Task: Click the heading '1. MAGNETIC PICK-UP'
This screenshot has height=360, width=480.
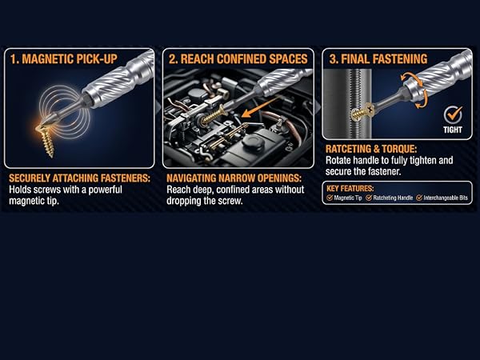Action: coord(64,59)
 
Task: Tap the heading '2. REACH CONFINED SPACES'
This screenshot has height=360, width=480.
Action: coord(238,59)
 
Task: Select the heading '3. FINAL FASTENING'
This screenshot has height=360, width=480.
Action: coord(378,58)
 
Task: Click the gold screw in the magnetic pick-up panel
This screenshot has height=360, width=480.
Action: coord(46,139)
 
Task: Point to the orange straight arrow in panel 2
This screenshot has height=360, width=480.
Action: coord(260,107)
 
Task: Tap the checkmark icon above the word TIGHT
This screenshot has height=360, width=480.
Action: coord(454,114)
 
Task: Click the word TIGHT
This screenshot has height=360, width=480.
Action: coord(453,130)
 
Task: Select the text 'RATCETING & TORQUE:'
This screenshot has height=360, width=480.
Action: coord(371,149)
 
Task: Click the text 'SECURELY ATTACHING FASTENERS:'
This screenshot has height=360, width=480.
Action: coord(79,178)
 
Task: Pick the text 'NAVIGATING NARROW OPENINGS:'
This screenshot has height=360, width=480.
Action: coord(234,178)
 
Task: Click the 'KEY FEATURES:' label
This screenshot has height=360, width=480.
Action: coord(350,188)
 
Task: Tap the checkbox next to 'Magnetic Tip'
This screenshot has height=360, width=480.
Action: coord(330,198)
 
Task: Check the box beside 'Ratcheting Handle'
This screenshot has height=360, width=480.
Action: coord(369,198)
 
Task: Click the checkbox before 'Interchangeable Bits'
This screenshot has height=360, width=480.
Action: coord(419,198)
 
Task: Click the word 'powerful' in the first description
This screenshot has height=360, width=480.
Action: coord(106,190)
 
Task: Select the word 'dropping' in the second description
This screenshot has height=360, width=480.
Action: coord(184,201)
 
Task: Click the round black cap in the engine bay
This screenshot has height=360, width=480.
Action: coord(253,142)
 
